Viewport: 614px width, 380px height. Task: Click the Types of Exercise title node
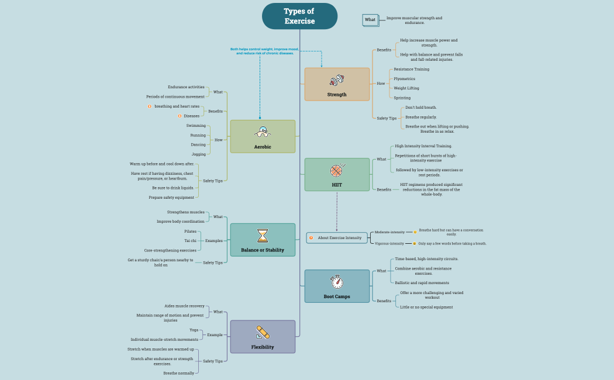[299, 16]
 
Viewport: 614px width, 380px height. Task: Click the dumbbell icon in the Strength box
[337, 80]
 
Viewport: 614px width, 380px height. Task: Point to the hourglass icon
[263, 236]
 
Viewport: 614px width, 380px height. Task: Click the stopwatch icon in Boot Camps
[337, 282]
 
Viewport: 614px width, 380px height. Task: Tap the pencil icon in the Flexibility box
[263, 332]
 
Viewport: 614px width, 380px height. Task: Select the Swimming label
[196, 126]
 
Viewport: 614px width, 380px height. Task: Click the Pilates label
[190, 232]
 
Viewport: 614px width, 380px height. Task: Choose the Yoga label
[194, 330]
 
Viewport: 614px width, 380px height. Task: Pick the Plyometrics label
[404, 78]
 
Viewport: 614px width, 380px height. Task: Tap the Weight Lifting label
[406, 88]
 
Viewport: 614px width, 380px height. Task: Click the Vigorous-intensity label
[389, 243]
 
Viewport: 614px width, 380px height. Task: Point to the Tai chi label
[190, 240]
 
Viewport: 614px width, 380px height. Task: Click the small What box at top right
[370, 20]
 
